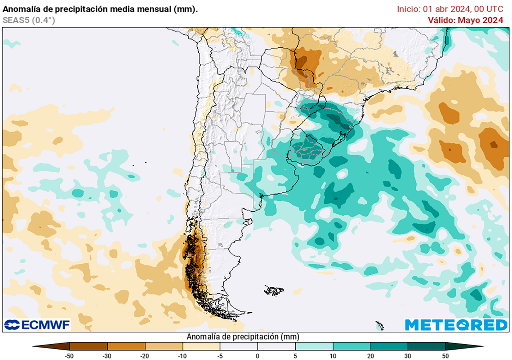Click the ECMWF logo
tap(37, 325)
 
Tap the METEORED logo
tap(456, 325)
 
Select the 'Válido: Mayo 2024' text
tap(465, 20)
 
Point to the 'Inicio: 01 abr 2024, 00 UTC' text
tap(450, 9)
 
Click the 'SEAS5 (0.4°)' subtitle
tap(29, 20)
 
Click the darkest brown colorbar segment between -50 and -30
tap(89, 346)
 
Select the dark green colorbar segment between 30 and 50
tap(426, 346)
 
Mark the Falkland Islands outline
tap(274, 290)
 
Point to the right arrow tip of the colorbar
tap(482, 346)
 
